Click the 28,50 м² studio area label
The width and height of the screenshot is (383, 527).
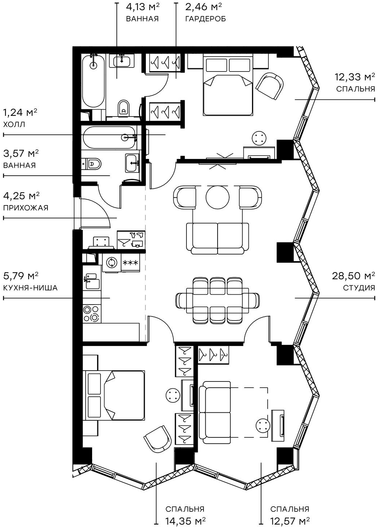click(x=353, y=276)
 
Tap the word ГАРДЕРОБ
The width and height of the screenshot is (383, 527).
click(x=205, y=19)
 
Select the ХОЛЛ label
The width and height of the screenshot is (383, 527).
click(x=14, y=124)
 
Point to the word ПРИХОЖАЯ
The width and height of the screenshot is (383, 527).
click(x=26, y=208)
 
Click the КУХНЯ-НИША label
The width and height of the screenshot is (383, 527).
click(x=30, y=288)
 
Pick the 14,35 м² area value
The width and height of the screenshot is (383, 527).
click(x=185, y=521)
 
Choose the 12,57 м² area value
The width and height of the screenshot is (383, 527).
click(x=290, y=521)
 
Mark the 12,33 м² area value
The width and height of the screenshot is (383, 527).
click(x=355, y=77)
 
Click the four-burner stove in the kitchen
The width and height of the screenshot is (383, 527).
click(x=91, y=314)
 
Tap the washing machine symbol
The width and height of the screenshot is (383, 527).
click(x=112, y=262)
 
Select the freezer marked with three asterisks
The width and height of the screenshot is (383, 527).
click(x=129, y=263)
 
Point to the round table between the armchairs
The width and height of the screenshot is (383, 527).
click(x=217, y=197)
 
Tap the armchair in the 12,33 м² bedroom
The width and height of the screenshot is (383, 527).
click(x=269, y=86)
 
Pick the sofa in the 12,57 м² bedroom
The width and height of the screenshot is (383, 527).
click(x=215, y=412)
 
